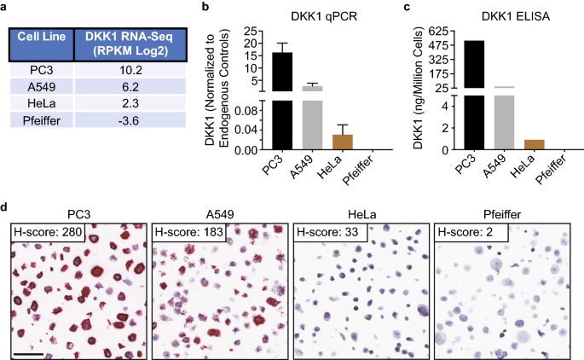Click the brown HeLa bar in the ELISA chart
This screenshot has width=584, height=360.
pyautogui.click(x=535, y=144)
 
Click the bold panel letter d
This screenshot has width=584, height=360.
pyautogui.click(x=6, y=206)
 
